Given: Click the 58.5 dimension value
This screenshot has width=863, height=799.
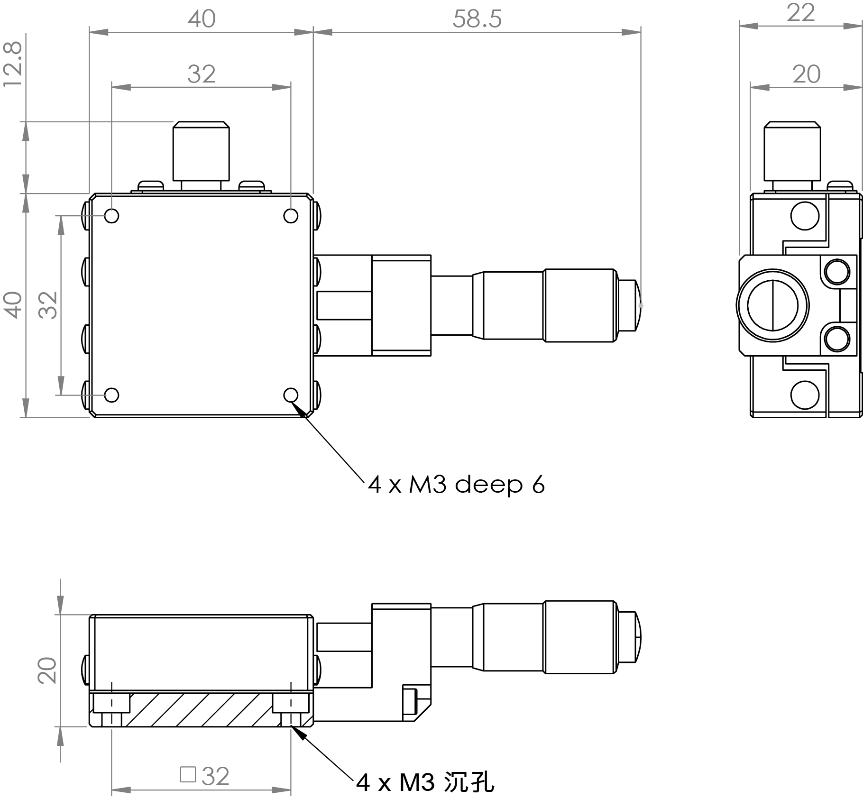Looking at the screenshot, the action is (x=477, y=19).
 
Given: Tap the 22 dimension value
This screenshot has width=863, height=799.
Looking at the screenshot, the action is (x=800, y=13).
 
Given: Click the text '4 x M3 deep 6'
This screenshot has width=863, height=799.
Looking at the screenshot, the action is (x=456, y=485).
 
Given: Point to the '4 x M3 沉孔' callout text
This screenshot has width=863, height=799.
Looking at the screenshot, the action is (x=425, y=782).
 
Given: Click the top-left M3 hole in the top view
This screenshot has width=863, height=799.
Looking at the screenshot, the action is (x=111, y=216).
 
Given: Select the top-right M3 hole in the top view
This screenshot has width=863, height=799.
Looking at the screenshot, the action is (x=291, y=216).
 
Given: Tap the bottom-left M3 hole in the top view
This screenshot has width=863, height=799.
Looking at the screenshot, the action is (x=111, y=395).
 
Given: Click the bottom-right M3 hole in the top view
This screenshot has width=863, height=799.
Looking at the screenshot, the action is (x=291, y=395).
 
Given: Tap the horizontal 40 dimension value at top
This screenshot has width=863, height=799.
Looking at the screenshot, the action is (x=202, y=19).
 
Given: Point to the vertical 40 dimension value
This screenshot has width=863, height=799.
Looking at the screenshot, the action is (x=13, y=305).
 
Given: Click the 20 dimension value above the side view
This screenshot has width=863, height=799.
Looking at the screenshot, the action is (x=806, y=75).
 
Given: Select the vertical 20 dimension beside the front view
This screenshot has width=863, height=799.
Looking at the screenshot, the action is (x=47, y=670).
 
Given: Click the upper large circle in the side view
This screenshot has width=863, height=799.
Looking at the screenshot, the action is (x=805, y=216).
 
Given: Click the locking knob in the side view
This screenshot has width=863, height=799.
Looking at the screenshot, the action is (x=792, y=156).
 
